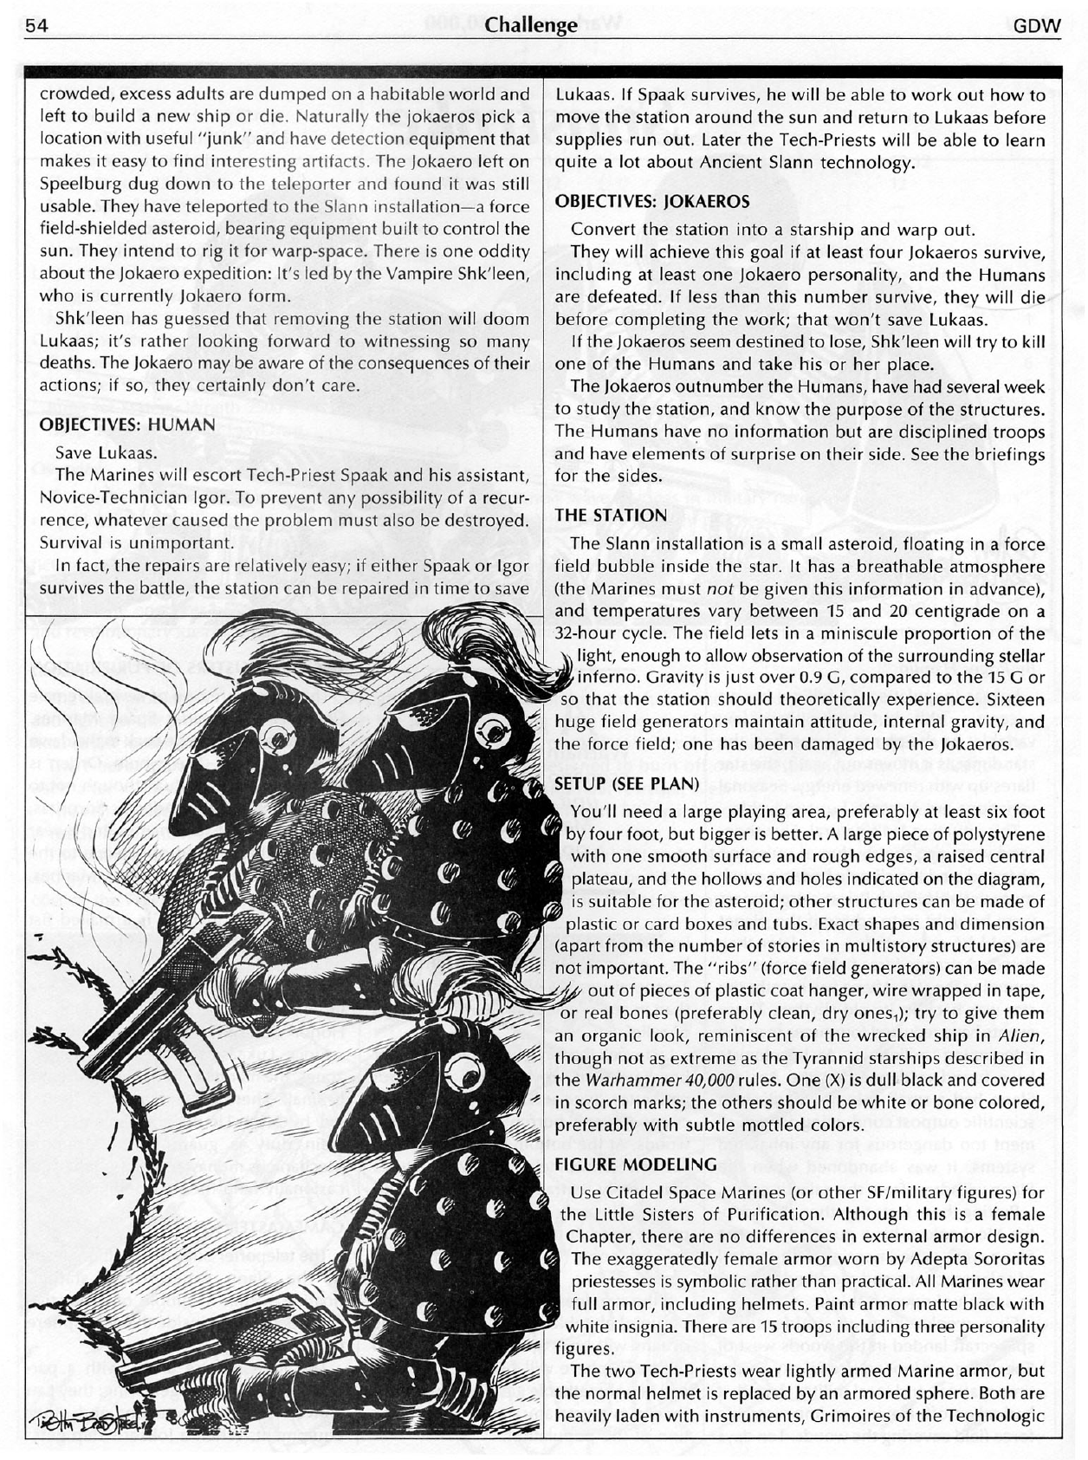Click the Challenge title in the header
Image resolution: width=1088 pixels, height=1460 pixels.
coord(532,26)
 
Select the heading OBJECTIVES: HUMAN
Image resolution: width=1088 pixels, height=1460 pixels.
coord(127,425)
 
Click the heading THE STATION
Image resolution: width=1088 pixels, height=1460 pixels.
coord(611,516)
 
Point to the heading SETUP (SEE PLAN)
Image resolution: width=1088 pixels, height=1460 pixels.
coord(626,783)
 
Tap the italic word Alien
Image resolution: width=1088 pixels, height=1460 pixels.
coord(1022,1036)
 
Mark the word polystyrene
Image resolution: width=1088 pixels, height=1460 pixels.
coord(996,834)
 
